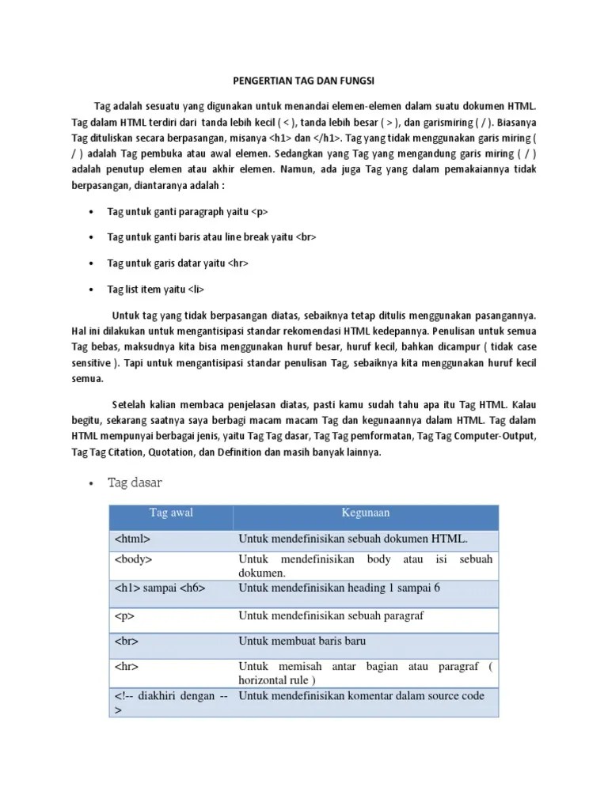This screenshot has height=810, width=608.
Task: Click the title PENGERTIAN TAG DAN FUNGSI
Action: pyautogui.click(x=305, y=81)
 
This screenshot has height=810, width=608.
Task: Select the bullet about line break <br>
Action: pyautogui.click(x=211, y=237)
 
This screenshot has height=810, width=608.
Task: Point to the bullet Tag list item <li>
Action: pyautogui.click(x=161, y=289)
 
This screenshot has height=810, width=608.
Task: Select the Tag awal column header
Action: pyautogui.click(x=171, y=513)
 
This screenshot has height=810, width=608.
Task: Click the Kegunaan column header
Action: pyautogui.click(x=365, y=513)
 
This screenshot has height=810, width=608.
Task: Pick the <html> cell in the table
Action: pyautogui.click(x=132, y=539)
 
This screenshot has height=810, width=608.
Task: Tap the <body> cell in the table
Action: pyautogui.click(x=134, y=559)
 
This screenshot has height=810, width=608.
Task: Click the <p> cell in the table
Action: pyautogui.click(x=125, y=615)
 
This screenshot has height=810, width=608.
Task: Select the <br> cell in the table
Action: pyautogui.click(x=127, y=641)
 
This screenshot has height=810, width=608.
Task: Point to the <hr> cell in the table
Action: pyautogui.click(x=127, y=667)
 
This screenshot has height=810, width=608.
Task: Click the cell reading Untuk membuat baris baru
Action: pyautogui.click(x=302, y=641)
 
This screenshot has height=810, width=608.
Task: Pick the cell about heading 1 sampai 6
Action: pyautogui.click(x=339, y=588)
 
